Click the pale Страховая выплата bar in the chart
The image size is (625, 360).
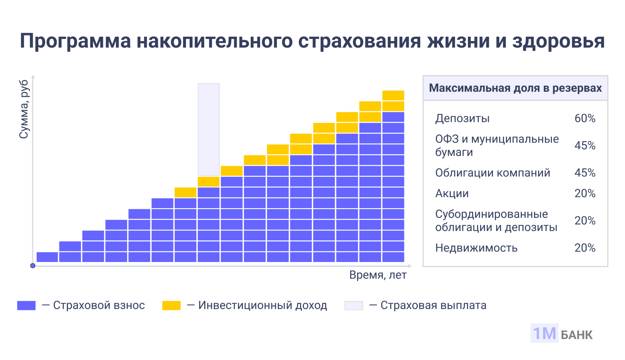click(x=209, y=129)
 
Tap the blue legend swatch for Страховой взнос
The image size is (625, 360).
click(x=26, y=305)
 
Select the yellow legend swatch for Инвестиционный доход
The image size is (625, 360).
click(x=171, y=305)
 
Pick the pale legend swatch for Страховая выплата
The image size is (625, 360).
click(x=354, y=305)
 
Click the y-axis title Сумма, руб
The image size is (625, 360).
click(x=24, y=109)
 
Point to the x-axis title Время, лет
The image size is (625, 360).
click(x=378, y=275)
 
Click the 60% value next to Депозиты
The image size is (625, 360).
click(x=585, y=118)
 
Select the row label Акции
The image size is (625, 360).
click(x=452, y=194)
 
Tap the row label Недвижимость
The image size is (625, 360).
click(x=476, y=248)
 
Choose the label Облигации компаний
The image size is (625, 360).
click(x=493, y=173)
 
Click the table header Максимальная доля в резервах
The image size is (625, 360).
click(x=515, y=88)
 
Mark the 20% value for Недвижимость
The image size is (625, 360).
click(x=585, y=248)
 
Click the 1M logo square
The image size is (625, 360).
click(x=544, y=333)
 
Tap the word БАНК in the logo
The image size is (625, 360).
click(x=577, y=335)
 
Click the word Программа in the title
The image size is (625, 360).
click(x=75, y=41)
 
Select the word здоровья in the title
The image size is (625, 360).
click(x=559, y=41)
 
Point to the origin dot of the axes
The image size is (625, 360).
click(x=33, y=266)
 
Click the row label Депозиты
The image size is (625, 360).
click(x=462, y=118)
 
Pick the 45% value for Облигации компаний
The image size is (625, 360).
click(x=585, y=173)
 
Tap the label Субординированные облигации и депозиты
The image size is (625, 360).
click(x=496, y=221)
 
